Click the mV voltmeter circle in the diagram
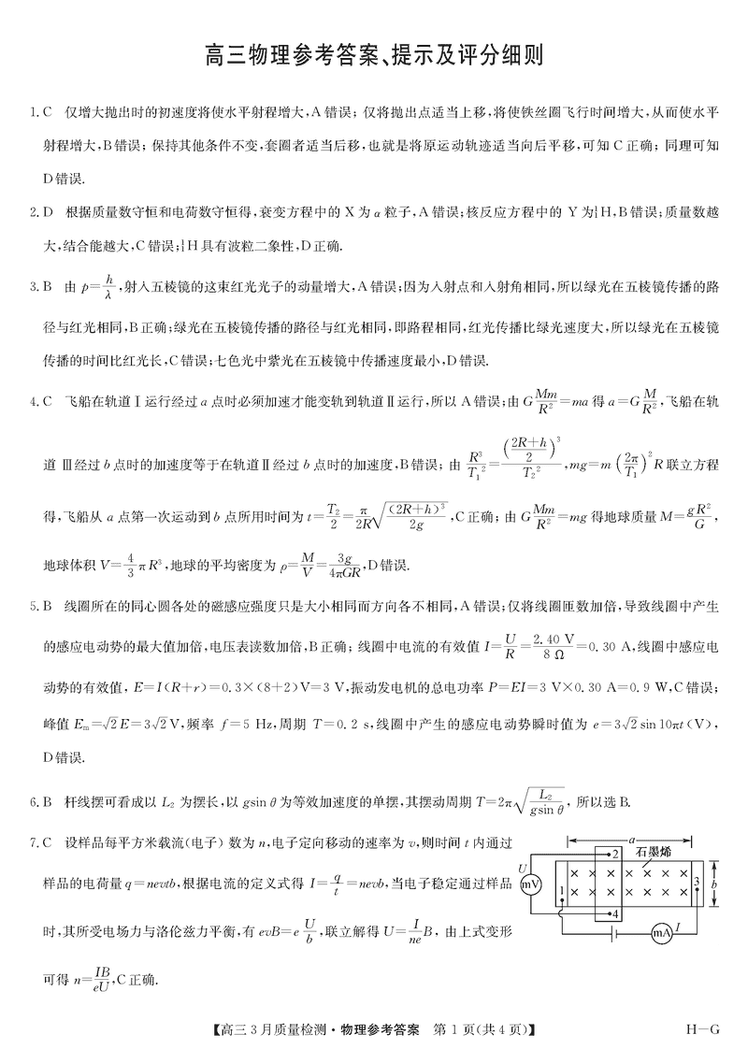point(531,884)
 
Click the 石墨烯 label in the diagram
point(654,851)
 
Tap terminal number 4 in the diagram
point(613,912)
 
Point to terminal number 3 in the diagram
point(697,881)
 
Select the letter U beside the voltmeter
point(523,869)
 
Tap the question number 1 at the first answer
point(32,113)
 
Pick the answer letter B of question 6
point(47,801)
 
